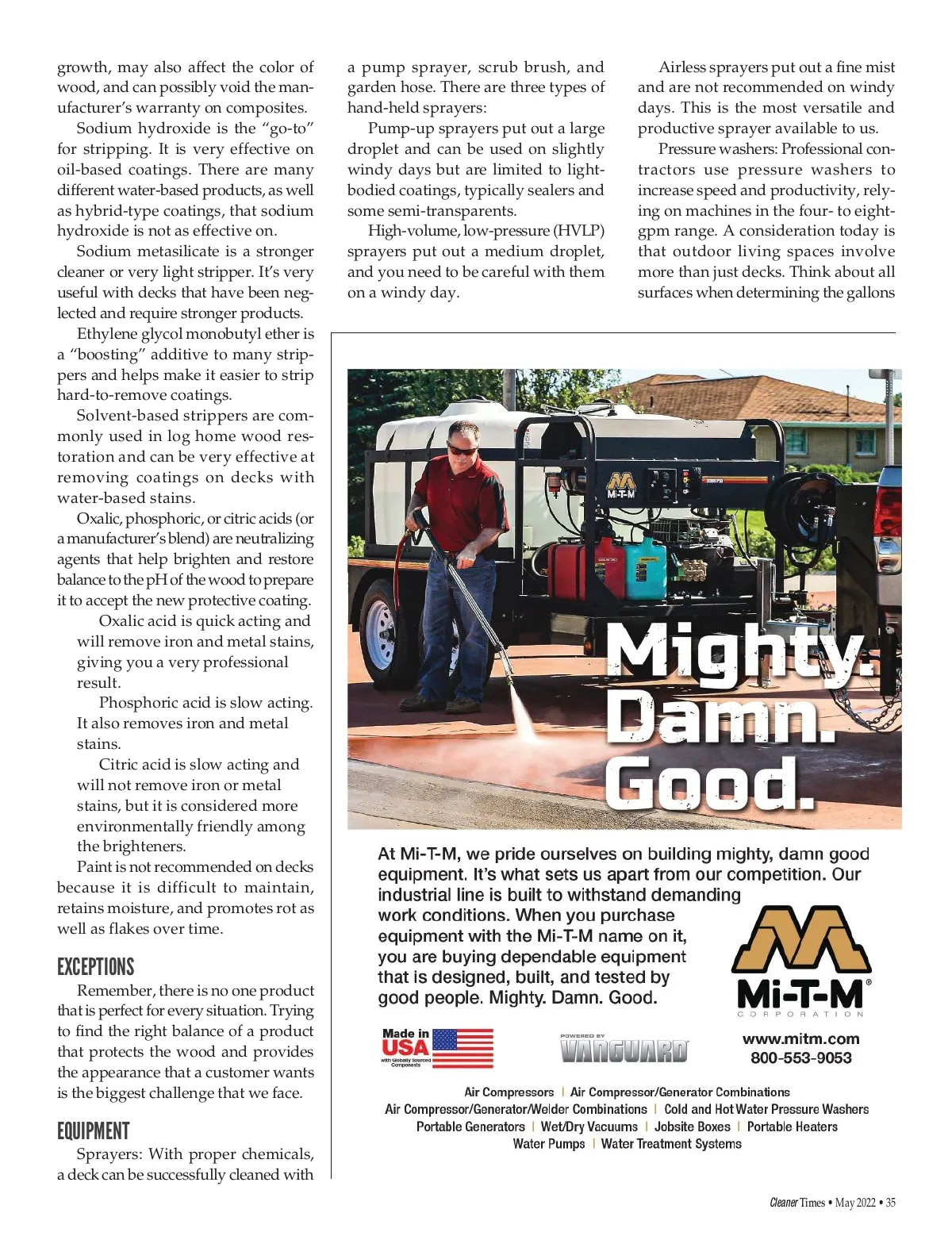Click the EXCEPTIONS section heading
[x=96, y=967]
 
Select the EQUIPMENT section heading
[x=94, y=1130]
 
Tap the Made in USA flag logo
[x=438, y=1048]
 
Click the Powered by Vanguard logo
[x=624, y=1049]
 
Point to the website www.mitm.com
[x=800, y=1038]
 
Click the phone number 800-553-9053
[x=800, y=1058]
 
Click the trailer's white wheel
[x=382, y=631]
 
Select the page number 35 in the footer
[x=890, y=1203]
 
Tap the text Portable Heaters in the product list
[x=792, y=1127]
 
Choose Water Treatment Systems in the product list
[x=671, y=1144]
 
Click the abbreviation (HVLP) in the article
[x=578, y=231]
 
